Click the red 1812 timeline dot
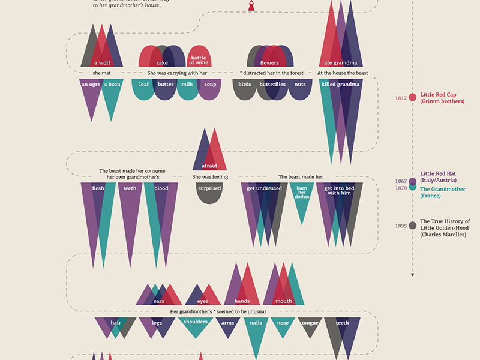point(413,98)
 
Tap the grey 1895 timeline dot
point(413,226)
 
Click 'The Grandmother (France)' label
point(443,192)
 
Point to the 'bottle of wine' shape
point(197,58)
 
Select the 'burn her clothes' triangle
point(302,198)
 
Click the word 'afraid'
point(209,166)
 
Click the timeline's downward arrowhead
point(413,275)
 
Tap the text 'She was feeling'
point(209,177)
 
